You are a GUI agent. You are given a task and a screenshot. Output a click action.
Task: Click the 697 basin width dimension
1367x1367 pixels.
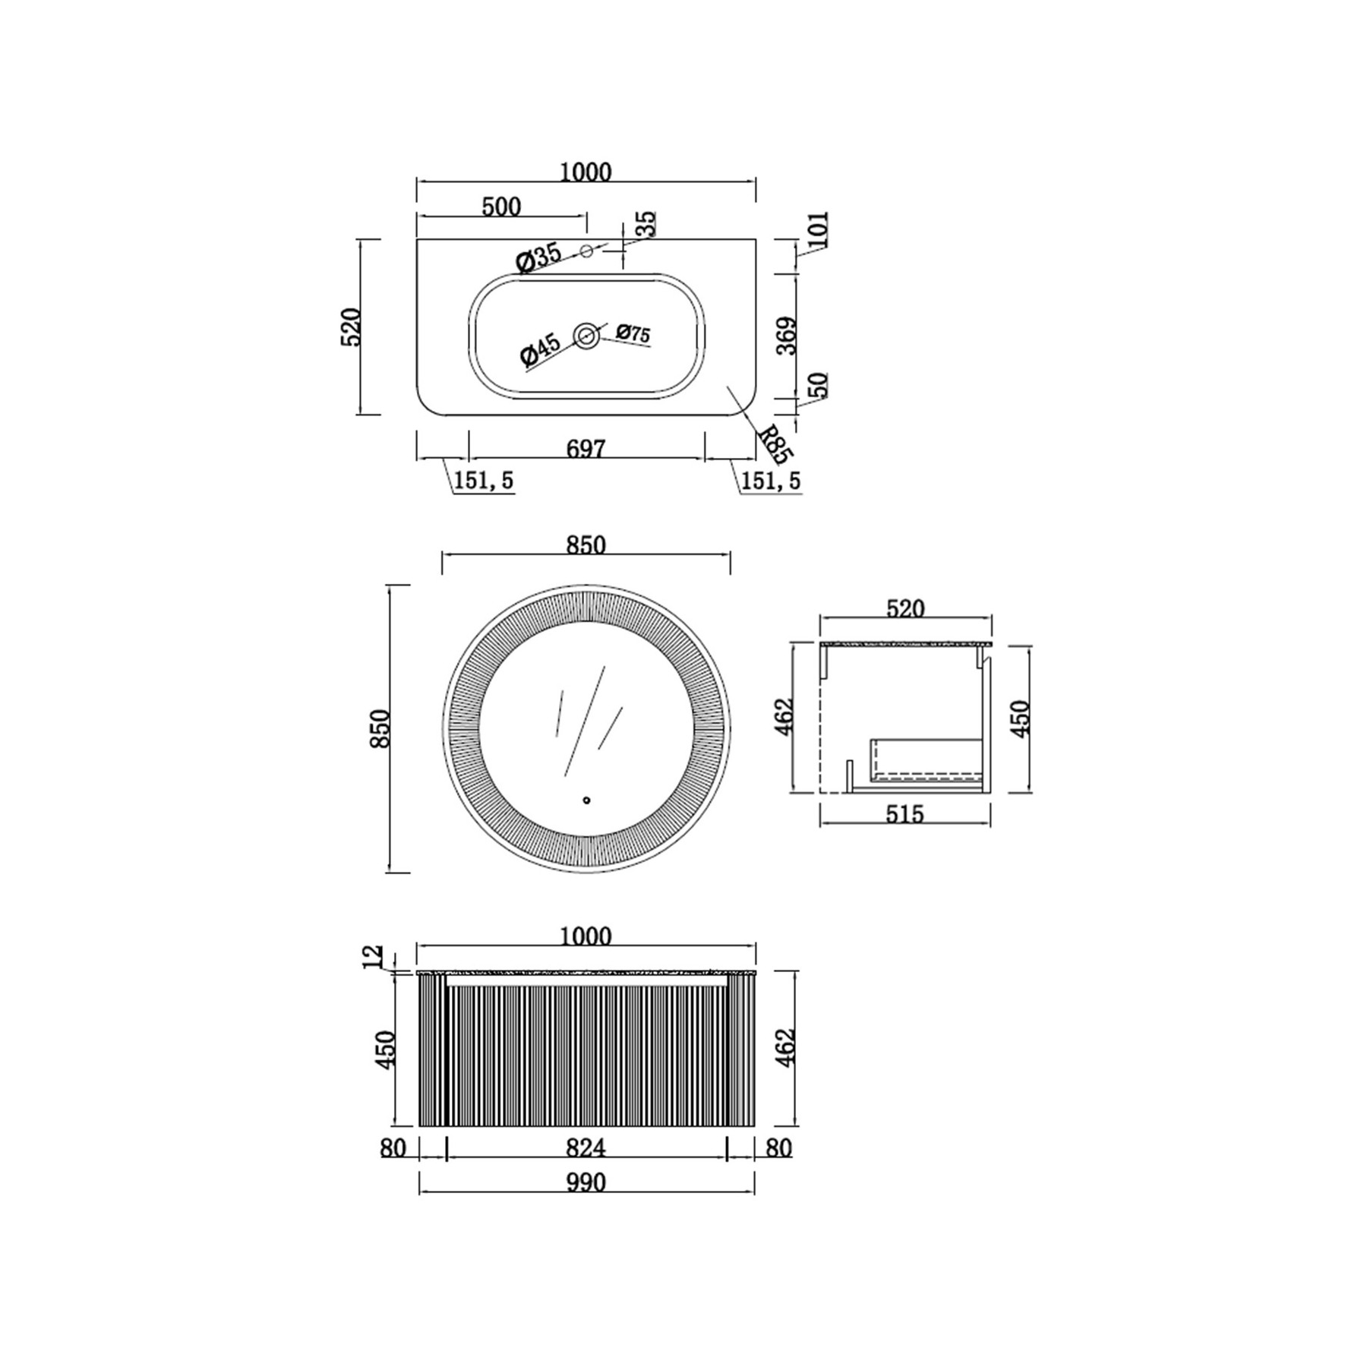coord(586,449)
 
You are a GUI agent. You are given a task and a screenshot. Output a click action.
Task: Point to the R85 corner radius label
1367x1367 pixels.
coord(777,445)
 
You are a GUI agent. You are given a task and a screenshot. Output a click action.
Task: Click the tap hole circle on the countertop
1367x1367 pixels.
coord(586,251)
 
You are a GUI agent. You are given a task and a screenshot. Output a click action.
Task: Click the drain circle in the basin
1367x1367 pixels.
coord(586,336)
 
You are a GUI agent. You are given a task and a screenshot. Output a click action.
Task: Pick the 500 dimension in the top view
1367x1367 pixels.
coord(501,207)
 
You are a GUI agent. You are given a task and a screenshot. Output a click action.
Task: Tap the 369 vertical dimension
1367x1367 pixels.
coord(787,336)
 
